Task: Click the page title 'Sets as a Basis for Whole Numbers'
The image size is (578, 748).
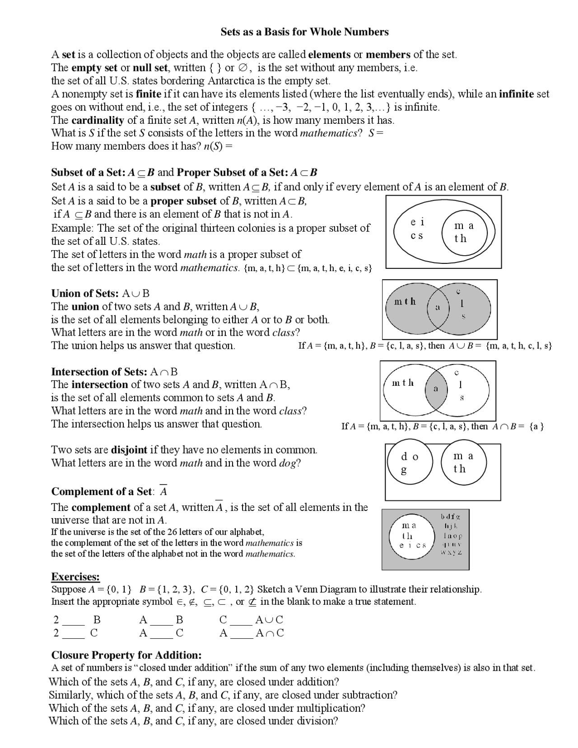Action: [304, 32]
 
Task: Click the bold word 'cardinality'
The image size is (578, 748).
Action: [98, 120]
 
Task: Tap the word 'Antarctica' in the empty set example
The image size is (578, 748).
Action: [231, 81]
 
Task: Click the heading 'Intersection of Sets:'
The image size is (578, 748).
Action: [99, 372]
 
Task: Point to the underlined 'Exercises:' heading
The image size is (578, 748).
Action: [75, 577]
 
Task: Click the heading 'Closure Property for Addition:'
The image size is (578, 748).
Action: [126, 655]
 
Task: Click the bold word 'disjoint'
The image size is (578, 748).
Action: [129, 450]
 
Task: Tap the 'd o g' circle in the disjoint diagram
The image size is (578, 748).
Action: [410, 463]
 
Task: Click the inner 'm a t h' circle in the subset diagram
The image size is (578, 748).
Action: [464, 232]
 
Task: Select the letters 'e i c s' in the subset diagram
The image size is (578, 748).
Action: [417, 229]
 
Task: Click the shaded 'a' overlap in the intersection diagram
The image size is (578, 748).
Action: [436, 388]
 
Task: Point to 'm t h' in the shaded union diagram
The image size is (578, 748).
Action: [405, 302]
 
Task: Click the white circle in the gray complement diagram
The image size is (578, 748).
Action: [413, 535]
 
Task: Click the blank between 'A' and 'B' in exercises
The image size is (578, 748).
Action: [161, 620]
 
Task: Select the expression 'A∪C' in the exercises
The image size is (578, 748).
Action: [270, 620]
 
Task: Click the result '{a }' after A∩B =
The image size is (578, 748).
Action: [536, 426]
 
